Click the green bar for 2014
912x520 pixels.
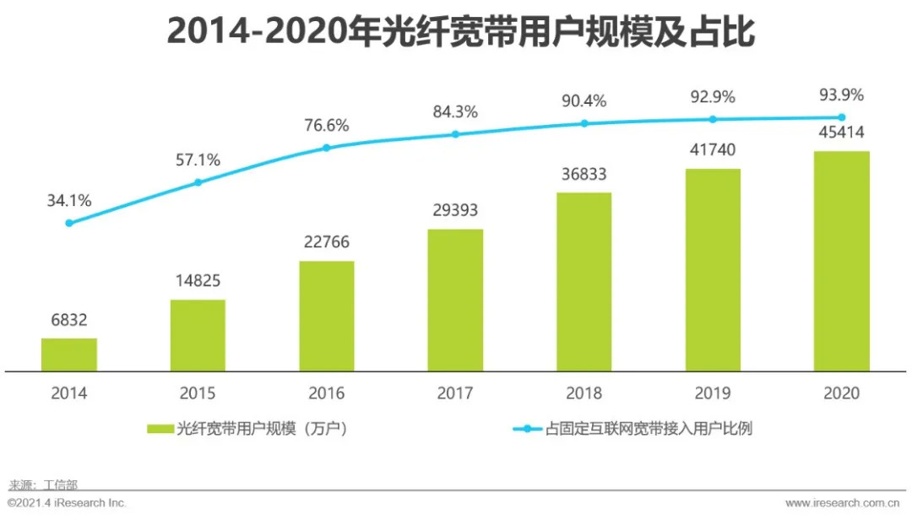[69, 355]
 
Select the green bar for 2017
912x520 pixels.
[455, 300]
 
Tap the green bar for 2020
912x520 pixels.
[841, 261]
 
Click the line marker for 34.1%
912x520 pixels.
[69, 223]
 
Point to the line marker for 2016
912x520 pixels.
[327, 148]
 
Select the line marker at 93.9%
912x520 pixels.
[841, 117]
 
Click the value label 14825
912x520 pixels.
[198, 280]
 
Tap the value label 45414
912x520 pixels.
[841, 133]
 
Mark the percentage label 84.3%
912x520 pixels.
[455, 111]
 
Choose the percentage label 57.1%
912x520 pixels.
[198, 160]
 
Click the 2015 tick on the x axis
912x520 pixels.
[198, 393]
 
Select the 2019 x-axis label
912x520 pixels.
[713, 393]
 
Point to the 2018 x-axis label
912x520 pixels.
[584, 393]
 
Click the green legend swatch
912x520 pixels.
[160, 429]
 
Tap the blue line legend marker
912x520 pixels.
[528, 429]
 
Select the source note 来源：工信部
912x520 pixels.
[42, 485]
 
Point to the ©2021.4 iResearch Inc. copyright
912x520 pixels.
[66, 503]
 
